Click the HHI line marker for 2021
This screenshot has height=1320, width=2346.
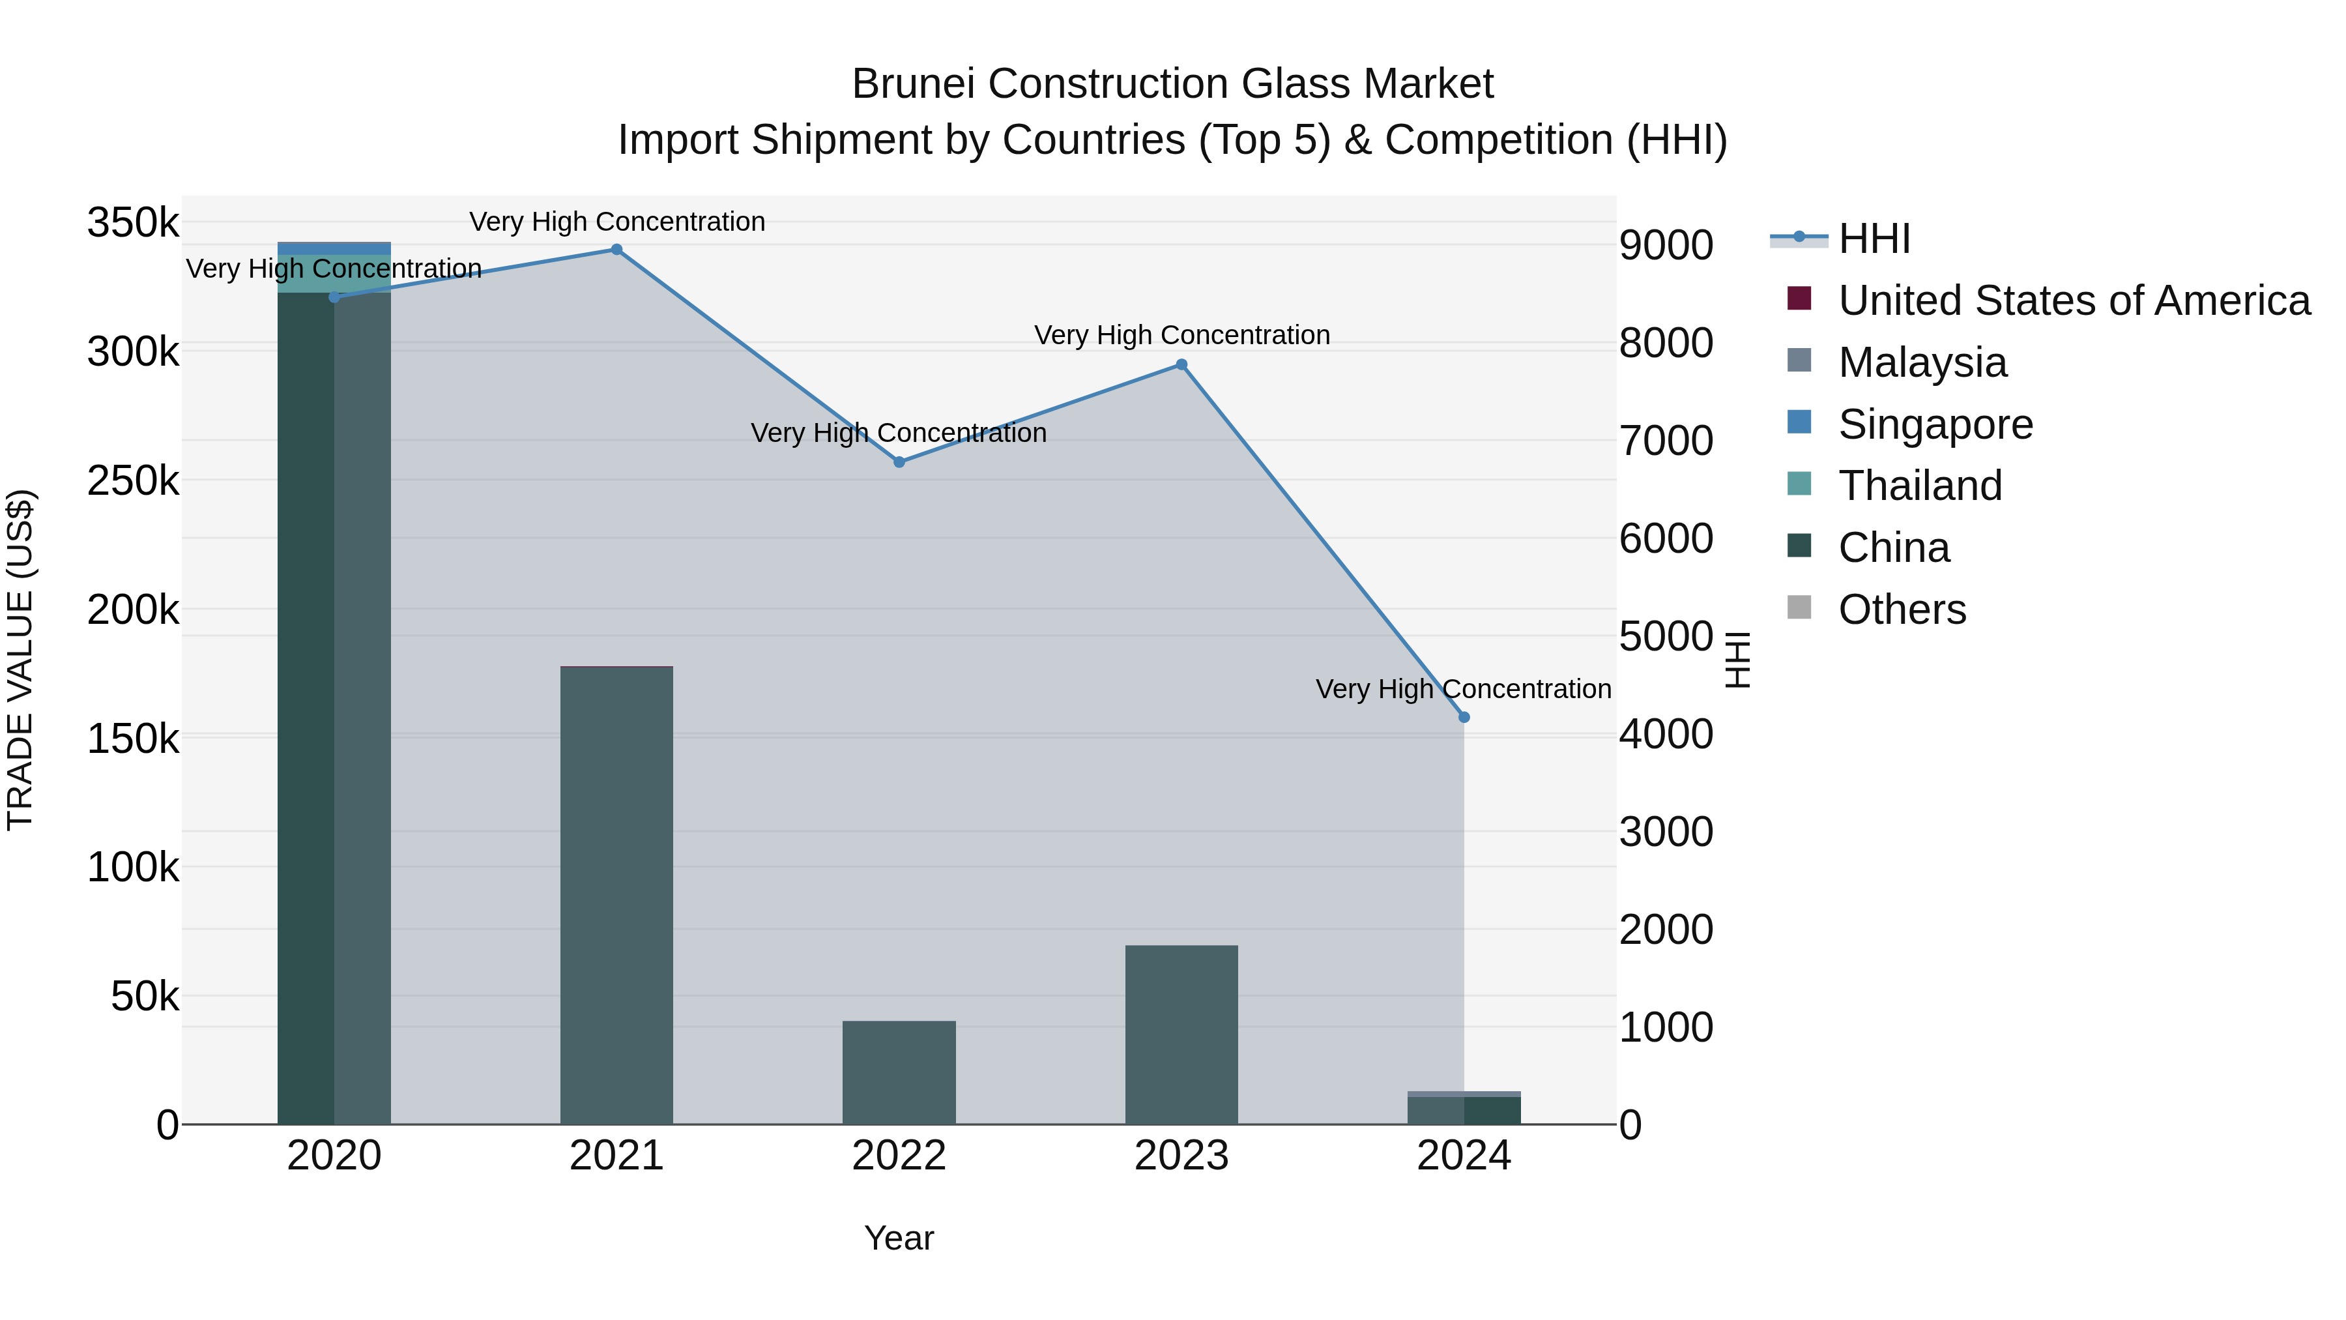(616, 250)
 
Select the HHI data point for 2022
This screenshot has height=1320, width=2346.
(899, 462)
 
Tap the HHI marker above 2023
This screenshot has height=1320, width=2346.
(1181, 364)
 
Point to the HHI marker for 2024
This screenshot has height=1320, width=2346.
(1464, 717)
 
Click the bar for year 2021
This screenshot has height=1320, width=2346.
(616, 893)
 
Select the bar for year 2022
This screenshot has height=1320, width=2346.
(899, 1072)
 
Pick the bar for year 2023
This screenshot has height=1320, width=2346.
(1181, 1034)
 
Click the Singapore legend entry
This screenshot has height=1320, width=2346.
(1935, 424)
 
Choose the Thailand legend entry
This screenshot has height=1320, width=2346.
(1920, 486)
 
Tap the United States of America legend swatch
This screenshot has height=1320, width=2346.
(1799, 299)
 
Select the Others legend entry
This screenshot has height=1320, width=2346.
(1902, 609)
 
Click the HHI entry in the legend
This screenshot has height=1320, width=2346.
(1874, 239)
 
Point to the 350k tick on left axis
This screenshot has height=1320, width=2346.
(133, 222)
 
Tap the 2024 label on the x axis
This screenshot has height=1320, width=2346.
(1464, 1156)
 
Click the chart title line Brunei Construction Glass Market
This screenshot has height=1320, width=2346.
(1172, 84)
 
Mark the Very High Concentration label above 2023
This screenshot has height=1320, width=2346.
(1181, 335)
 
